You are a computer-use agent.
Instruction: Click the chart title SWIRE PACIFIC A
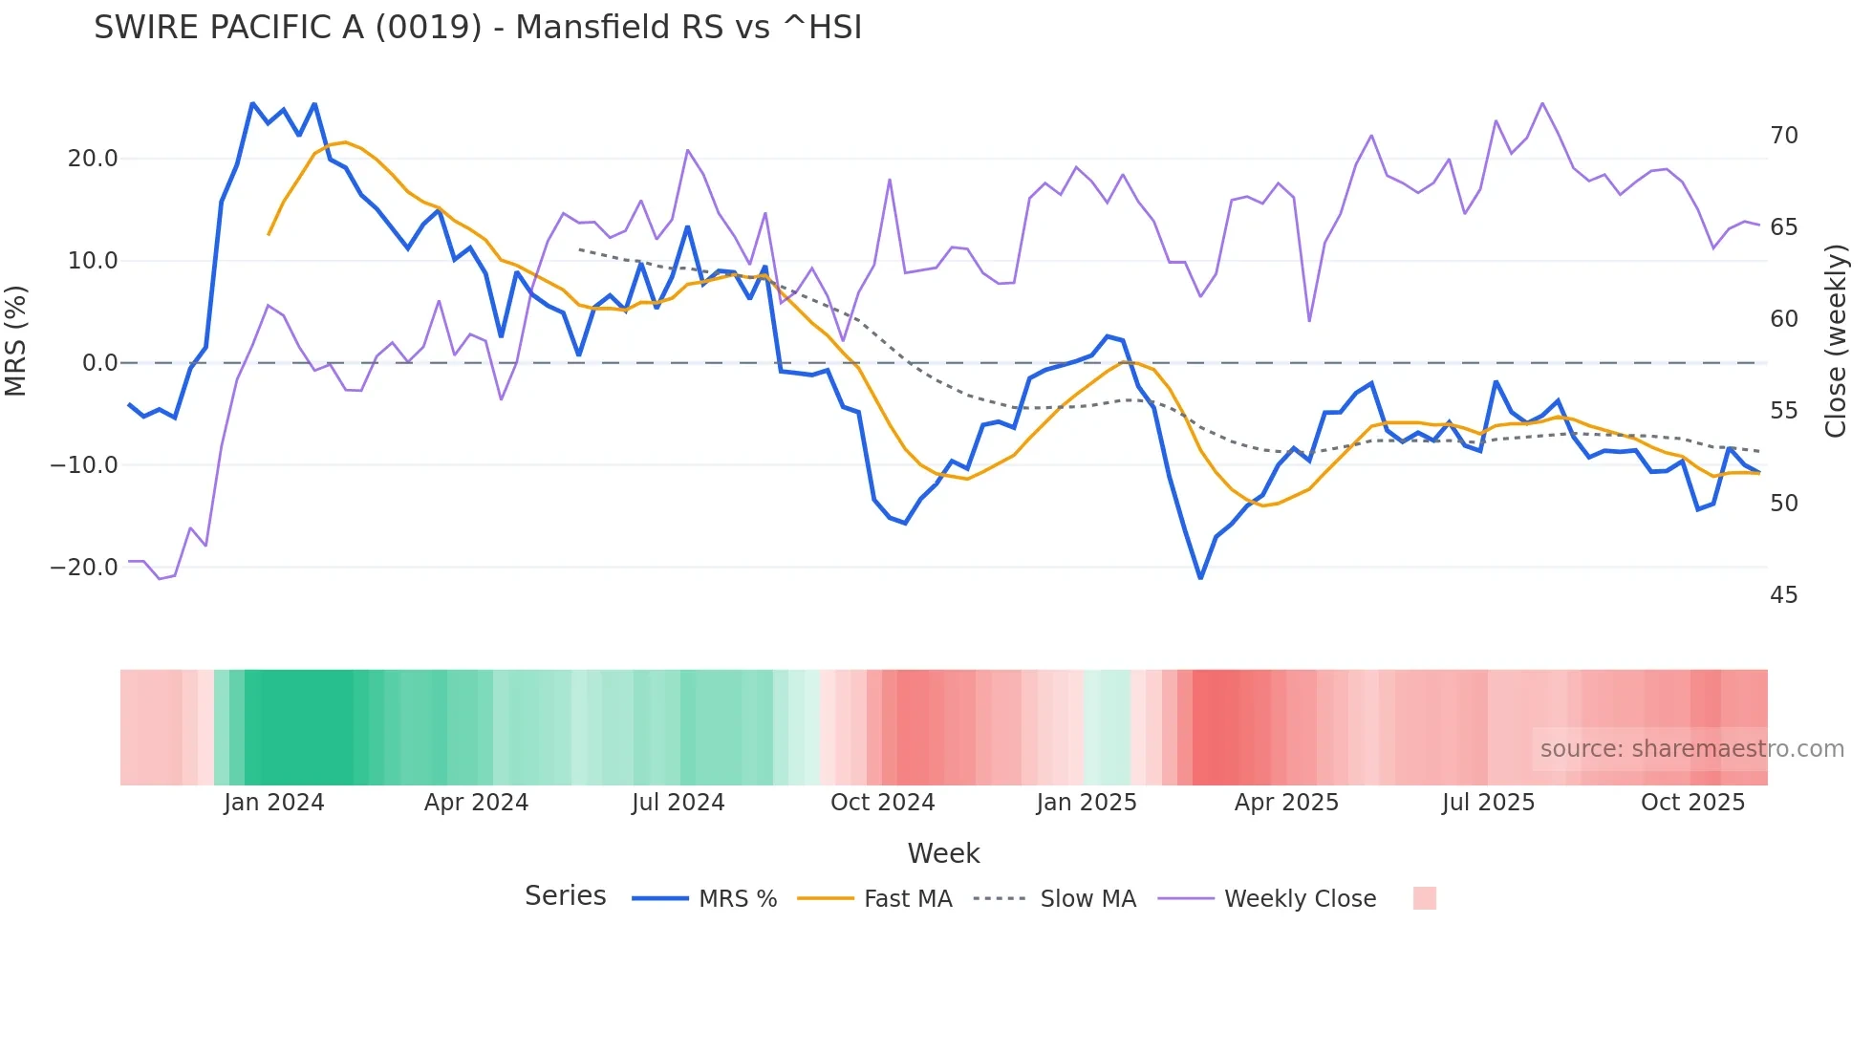[477, 28]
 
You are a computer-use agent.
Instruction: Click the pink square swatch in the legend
[1424, 898]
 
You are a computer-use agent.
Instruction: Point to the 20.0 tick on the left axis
[93, 159]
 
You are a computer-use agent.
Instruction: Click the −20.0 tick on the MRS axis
[84, 568]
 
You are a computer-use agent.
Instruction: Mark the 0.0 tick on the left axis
[99, 363]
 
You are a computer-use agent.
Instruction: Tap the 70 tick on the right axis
[1783, 136]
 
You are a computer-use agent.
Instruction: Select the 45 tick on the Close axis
[1783, 595]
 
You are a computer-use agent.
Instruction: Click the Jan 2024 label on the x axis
[274, 803]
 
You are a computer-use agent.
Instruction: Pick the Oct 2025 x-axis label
[1692, 803]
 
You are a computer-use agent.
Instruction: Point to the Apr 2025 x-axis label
[1286, 803]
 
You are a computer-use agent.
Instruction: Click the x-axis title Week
[943, 853]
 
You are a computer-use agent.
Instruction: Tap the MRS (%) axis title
[16, 341]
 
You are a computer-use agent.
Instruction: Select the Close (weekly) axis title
[1836, 341]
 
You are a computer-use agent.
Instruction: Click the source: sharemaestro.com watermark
[1691, 749]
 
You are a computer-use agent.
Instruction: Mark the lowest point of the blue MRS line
[1200, 577]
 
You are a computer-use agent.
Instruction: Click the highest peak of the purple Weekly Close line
[1542, 103]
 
